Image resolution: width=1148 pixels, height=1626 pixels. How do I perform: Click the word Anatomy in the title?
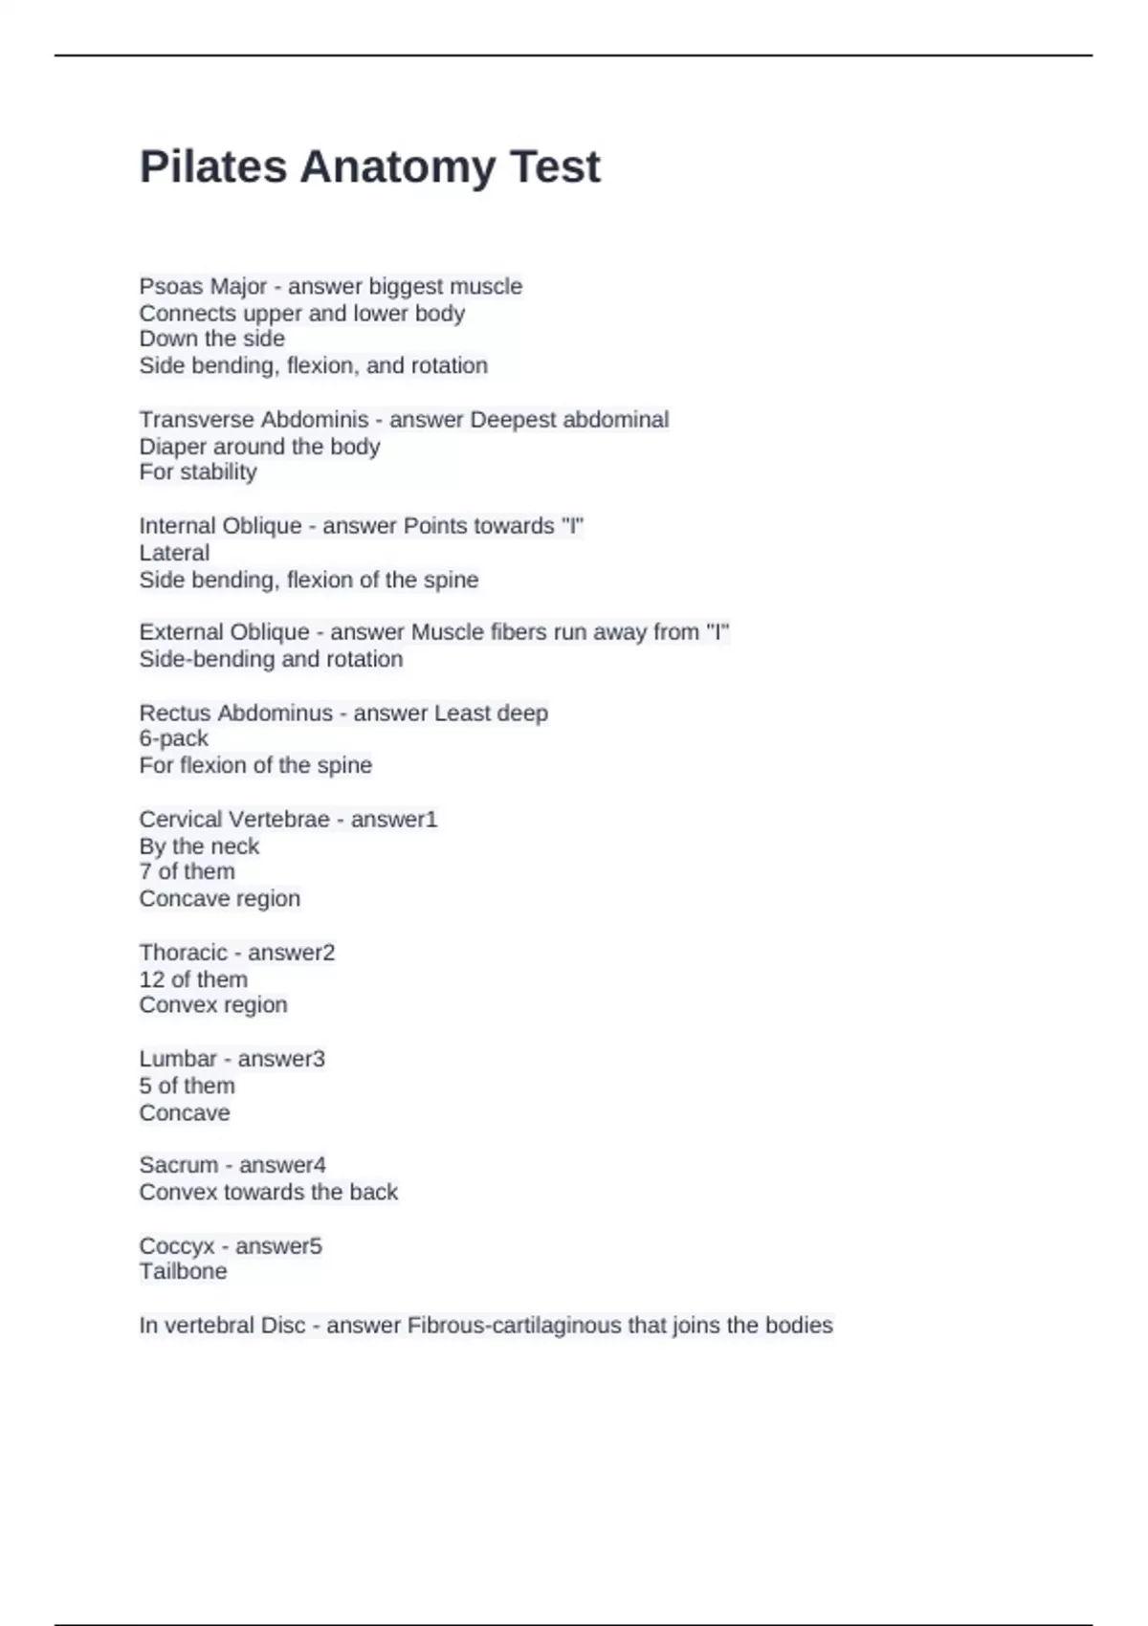pyautogui.click(x=397, y=167)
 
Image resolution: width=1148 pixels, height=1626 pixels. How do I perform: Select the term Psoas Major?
pyautogui.click(x=202, y=287)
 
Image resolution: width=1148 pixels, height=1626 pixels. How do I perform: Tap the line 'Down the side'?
pyautogui.click(x=211, y=339)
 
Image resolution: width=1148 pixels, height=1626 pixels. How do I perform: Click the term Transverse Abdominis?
pyautogui.click(x=254, y=420)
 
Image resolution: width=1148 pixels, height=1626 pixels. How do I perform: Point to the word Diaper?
pyautogui.click(x=168, y=447)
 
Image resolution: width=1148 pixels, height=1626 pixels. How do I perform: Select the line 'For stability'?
pyautogui.click(x=198, y=472)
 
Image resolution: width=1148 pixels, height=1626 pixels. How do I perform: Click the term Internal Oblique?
pyautogui.click(x=220, y=526)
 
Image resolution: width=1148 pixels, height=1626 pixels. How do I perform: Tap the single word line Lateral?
pyautogui.click(x=174, y=553)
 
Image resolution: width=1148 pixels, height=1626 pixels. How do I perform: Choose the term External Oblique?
pyautogui.click(x=224, y=632)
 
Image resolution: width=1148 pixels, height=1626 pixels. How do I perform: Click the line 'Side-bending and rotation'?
pyautogui.click(x=271, y=659)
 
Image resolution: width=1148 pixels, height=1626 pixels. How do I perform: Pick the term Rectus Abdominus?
pyautogui.click(x=235, y=714)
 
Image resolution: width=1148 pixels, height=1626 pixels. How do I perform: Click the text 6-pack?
pyautogui.click(x=173, y=738)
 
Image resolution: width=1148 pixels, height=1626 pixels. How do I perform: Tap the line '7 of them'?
pyautogui.click(x=187, y=871)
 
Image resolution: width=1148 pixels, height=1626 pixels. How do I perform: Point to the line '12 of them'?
pyautogui.click(x=193, y=979)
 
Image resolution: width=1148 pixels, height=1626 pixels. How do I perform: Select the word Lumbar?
pyautogui.click(x=178, y=1059)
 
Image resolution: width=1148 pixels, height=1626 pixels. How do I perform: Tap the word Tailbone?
pyautogui.click(x=183, y=1271)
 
